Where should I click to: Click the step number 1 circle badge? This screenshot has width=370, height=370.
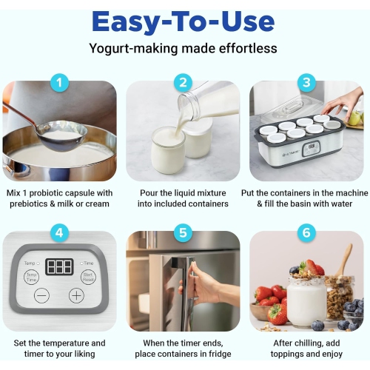tap(60, 83)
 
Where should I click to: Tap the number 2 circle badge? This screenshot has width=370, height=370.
tap(184, 83)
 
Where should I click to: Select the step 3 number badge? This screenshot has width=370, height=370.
tap(306, 83)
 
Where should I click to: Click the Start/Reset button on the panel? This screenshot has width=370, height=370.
tap(88, 277)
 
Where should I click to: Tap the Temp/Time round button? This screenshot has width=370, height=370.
tap(32, 277)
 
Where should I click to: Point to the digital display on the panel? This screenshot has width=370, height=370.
tap(59, 266)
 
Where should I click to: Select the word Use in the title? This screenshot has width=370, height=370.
tap(252, 21)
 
